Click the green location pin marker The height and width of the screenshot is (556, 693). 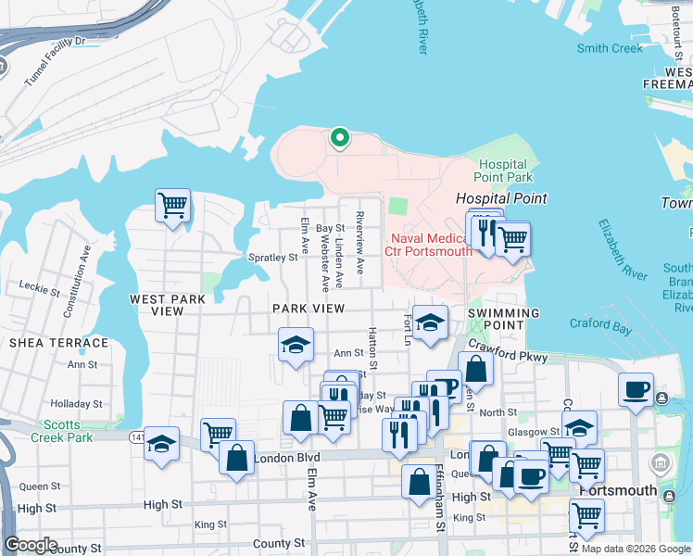pos(340,139)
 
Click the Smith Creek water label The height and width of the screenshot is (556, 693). pos(609,48)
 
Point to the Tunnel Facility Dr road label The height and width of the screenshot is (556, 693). pos(55,56)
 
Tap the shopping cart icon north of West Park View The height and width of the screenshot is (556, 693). pos(172,206)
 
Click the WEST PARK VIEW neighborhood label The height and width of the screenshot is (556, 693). pos(170,306)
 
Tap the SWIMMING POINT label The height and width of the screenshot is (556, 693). pos(503,313)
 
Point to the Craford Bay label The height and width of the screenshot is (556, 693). pos(600,324)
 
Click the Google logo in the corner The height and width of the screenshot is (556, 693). pos(31,545)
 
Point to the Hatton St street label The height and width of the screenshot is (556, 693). pos(372,348)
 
